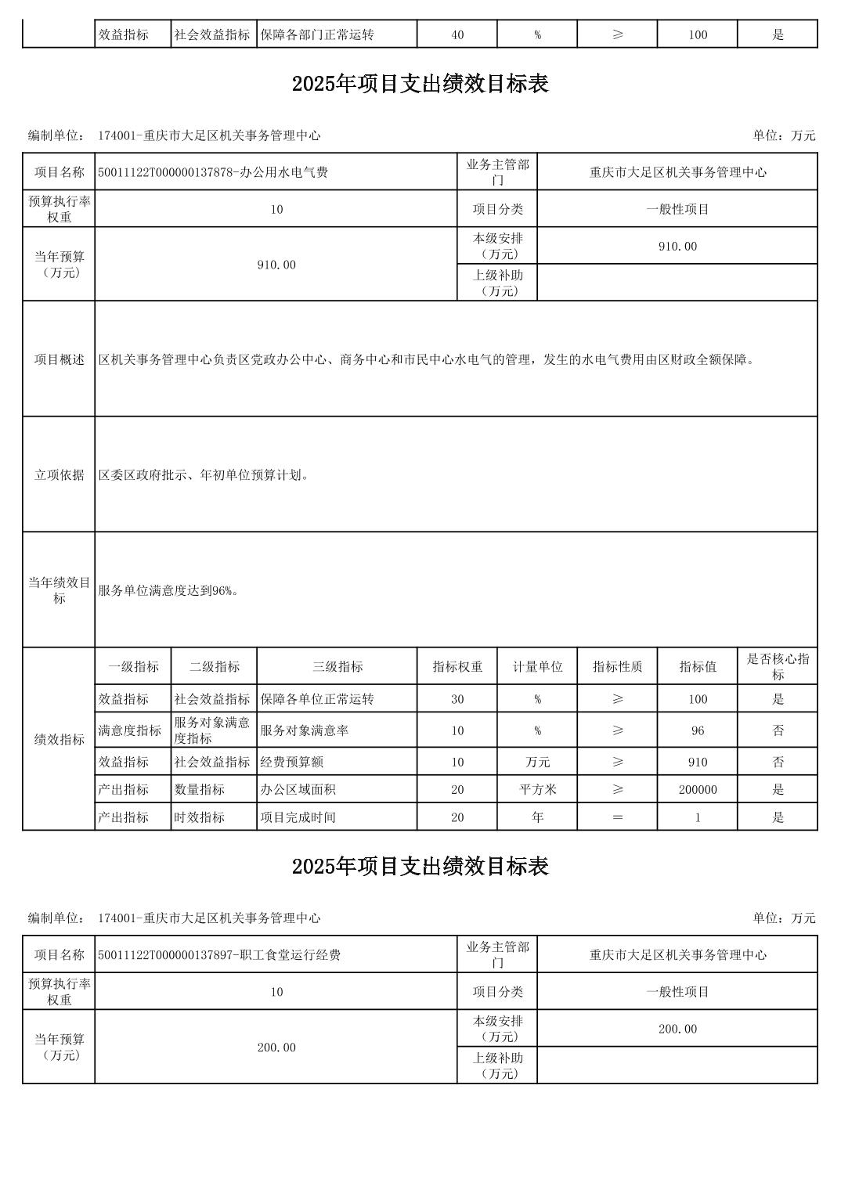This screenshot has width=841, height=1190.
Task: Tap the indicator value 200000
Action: tap(697, 789)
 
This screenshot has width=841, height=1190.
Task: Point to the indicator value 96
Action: tap(697, 730)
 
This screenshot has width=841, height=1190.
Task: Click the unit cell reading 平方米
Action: tap(537, 789)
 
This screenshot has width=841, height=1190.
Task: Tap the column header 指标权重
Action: tap(457, 666)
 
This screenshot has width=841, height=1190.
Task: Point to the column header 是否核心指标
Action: tap(778, 666)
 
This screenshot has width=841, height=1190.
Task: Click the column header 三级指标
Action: tap(337, 666)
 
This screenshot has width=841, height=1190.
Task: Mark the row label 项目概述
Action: tap(59, 359)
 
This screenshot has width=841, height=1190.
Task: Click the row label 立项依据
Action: tap(59, 474)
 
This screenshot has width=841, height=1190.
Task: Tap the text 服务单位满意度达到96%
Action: tap(168, 590)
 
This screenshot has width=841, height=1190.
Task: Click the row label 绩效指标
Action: tap(59, 738)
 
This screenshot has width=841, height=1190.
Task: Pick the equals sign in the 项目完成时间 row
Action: tap(617, 817)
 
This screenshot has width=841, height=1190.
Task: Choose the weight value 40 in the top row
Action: tap(457, 34)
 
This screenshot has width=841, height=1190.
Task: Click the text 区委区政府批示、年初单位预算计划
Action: tap(204, 474)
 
